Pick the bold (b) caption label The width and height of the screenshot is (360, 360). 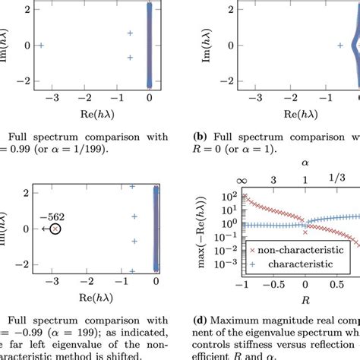200,137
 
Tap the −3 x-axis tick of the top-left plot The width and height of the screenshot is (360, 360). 52,99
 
